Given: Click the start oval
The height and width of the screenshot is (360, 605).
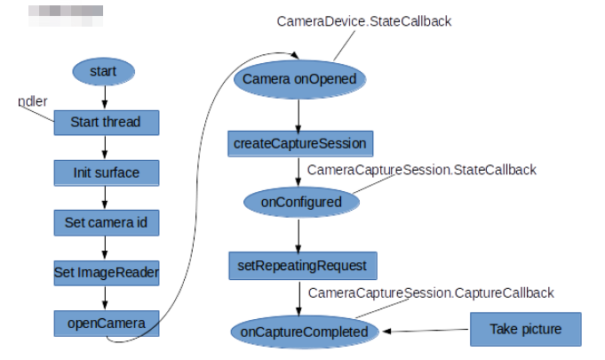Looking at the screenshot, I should click(x=104, y=70).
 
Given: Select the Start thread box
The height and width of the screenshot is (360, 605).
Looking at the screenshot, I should click(x=106, y=122).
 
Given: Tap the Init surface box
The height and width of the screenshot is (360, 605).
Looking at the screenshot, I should click(x=106, y=172).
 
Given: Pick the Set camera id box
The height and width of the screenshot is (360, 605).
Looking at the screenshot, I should click(x=106, y=222).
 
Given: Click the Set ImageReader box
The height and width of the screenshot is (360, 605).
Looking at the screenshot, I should click(x=106, y=272).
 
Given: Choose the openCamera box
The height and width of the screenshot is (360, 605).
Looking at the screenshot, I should click(x=106, y=322).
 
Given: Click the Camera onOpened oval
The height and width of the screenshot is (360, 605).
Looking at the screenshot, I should click(x=299, y=80).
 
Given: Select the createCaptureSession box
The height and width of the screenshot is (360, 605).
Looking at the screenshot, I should click(x=299, y=142).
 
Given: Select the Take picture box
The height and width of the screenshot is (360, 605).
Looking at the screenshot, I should click(x=525, y=329).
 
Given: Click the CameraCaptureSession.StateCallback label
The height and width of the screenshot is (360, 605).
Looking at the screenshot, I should click(x=421, y=170).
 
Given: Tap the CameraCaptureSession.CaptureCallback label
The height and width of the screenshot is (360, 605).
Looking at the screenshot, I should click(x=431, y=292).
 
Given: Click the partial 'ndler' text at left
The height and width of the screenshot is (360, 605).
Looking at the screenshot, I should click(x=33, y=101).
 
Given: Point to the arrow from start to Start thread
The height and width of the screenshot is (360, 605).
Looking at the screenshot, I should click(x=104, y=96).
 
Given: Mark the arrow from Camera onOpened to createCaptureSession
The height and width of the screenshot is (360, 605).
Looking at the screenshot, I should click(x=299, y=113).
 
